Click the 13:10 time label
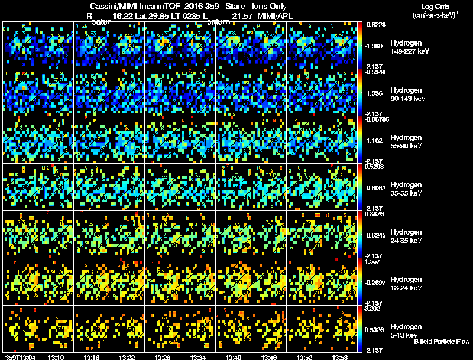click(56, 357)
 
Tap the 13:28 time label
click(163, 357)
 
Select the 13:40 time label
click(234, 357)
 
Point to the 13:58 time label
click(340, 357)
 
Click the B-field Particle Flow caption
click(442, 342)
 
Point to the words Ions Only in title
click(269, 6)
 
